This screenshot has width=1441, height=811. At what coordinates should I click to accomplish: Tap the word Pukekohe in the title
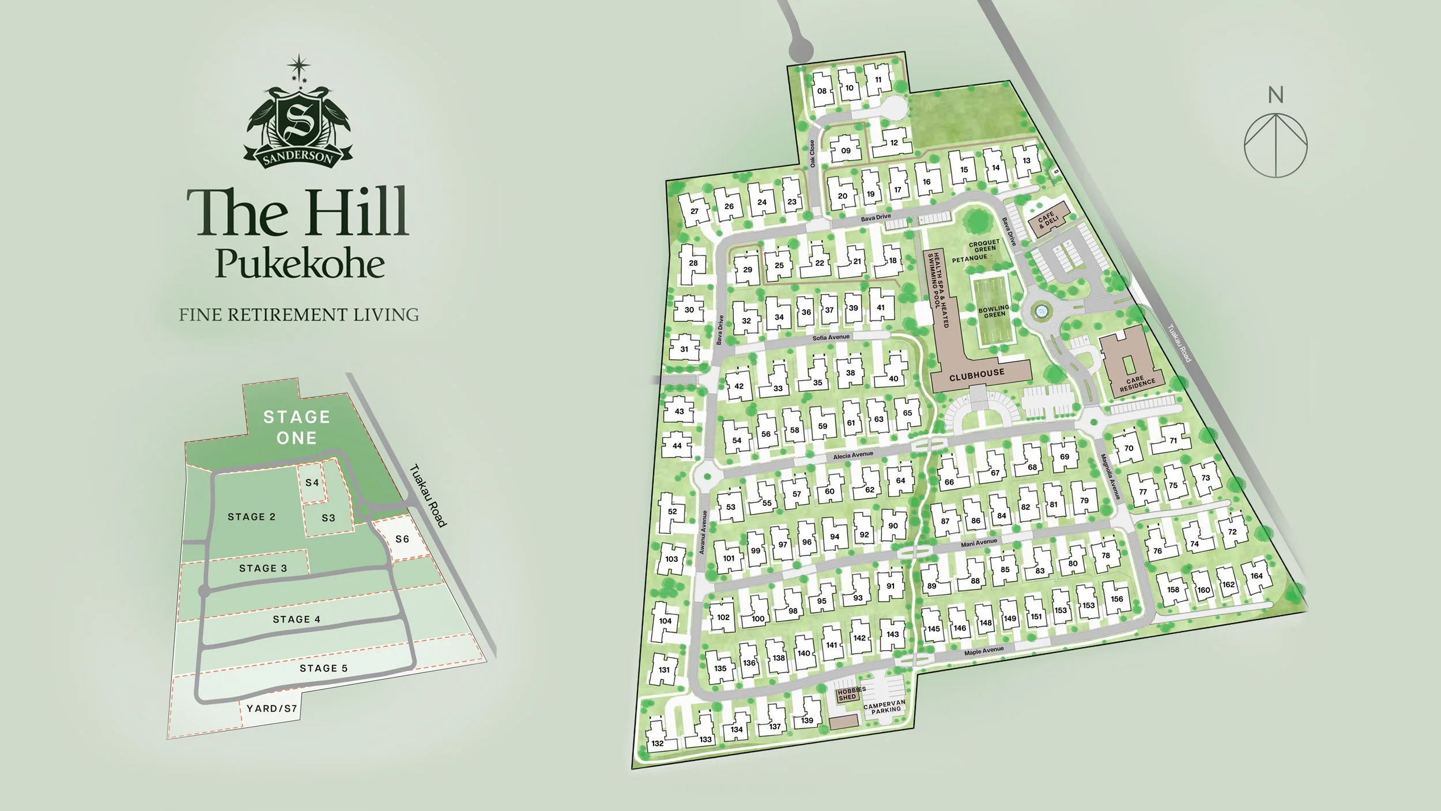point(300,264)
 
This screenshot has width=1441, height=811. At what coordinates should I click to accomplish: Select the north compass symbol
point(1276,144)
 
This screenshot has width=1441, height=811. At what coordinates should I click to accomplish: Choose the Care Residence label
point(1137,384)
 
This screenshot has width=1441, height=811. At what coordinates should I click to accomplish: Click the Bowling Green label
point(994,311)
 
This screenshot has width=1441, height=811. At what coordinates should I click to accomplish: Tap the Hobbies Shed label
point(851,693)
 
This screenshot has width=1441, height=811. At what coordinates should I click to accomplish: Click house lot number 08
point(822,91)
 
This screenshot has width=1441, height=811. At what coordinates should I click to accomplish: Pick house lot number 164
point(1257,576)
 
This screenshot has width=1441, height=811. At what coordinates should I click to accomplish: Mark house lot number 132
point(658,743)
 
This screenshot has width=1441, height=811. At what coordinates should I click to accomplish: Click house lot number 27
point(694,211)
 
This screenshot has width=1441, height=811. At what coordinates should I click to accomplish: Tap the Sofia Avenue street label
point(831,337)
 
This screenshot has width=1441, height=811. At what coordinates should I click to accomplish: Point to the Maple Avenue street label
point(984,651)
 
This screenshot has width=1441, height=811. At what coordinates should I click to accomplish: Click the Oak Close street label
point(812,154)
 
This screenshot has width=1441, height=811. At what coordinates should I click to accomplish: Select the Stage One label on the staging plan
point(296,427)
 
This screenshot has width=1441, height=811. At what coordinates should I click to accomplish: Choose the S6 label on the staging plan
point(402,539)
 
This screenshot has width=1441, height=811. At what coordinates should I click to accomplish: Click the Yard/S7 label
point(271,708)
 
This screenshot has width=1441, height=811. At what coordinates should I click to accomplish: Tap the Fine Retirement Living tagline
point(299,315)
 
